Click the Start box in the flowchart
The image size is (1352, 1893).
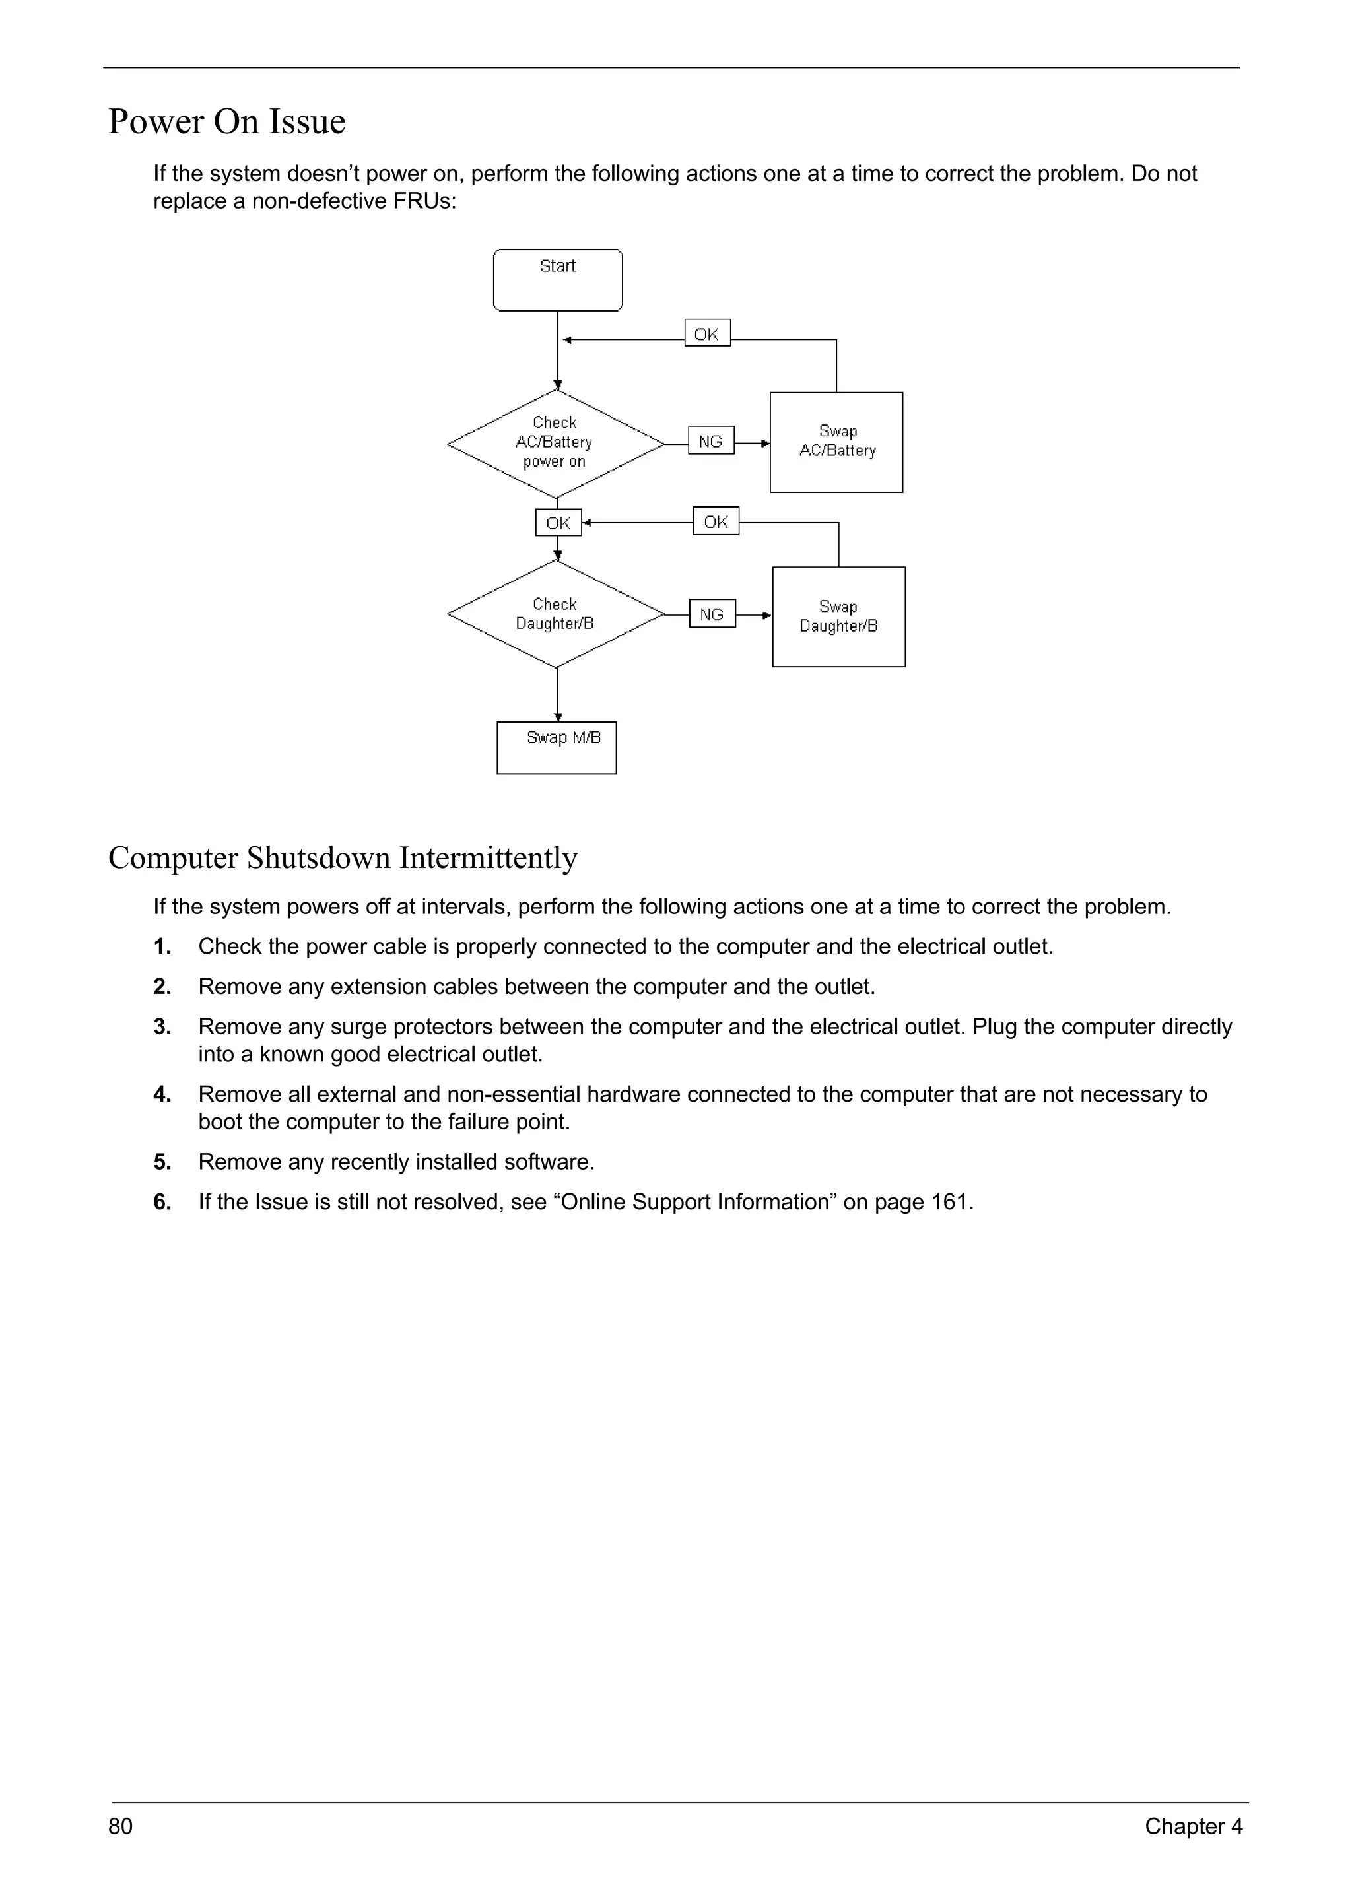557,280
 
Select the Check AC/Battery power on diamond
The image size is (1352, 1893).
555,443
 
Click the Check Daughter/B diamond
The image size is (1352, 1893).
555,614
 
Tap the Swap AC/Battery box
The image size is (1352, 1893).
836,442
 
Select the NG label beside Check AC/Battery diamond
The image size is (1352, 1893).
710,441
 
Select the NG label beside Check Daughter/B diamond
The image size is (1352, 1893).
712,614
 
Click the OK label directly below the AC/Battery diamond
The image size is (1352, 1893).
558,523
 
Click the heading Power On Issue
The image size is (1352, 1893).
226,121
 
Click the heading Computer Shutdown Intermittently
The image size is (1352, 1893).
342,857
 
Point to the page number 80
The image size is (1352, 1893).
121,1826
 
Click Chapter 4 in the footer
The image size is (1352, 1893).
1193,1826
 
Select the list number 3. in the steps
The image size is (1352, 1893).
162,1027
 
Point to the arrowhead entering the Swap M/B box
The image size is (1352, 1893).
558,717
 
